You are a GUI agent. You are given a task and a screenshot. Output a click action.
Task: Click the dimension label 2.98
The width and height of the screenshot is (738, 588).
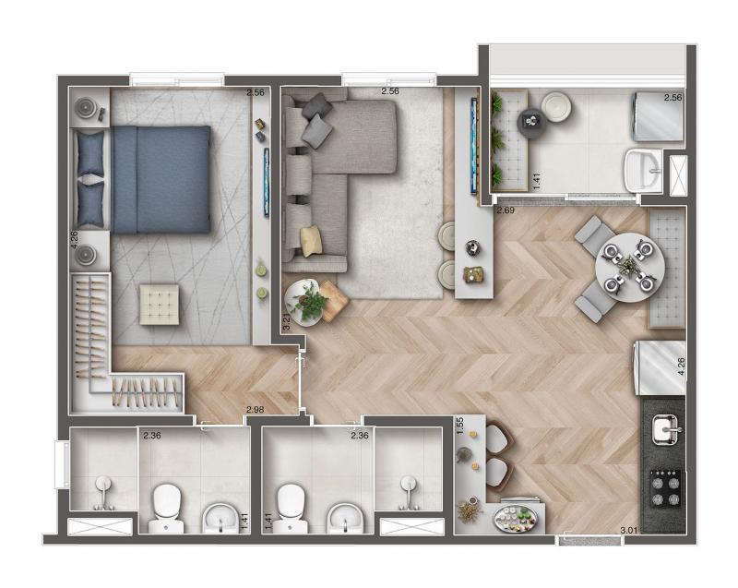pyautogui.click(x=256, y=410)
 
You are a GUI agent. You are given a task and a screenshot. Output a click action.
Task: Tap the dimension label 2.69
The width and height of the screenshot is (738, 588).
pyautogui.click(x=506, y=210)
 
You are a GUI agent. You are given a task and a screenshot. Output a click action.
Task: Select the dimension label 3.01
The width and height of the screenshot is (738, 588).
pyautogui.click(x=629, y=531)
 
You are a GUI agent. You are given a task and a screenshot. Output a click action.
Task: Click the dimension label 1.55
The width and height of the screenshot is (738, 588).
pyautogui.click(x=460, y=426)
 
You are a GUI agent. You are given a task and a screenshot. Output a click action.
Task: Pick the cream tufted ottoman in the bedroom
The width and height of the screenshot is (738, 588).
pyautogui.click(x=159, y=304)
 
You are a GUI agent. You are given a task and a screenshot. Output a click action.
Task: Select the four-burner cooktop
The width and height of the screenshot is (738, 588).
pyautogui.click(x=665, y=487)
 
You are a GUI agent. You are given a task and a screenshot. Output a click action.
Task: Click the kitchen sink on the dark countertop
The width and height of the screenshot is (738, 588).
pyautogui.click(x=664, y=429)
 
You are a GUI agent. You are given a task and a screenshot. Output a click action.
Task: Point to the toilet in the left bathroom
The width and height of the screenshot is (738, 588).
pyautogui.click(x=166, y=509)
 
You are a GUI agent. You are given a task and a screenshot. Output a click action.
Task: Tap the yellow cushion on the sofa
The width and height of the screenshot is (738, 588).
pyautogui.click(x=312, y=241)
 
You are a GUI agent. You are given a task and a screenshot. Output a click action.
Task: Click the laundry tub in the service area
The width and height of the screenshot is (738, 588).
pyautogui.click(x=643, y=171)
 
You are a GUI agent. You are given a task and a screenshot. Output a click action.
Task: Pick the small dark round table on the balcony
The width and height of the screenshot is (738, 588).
pyautogui.click(x=532, y=123)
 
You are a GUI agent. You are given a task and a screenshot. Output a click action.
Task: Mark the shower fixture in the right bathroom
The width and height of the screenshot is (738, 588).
pyautogui.click(x=408, y=492)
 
